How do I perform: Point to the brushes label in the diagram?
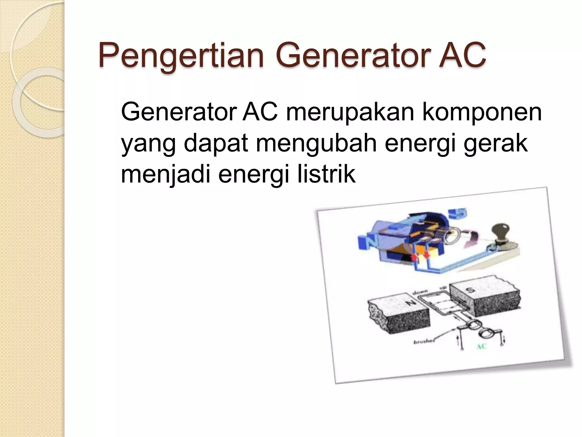coord(424,342)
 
